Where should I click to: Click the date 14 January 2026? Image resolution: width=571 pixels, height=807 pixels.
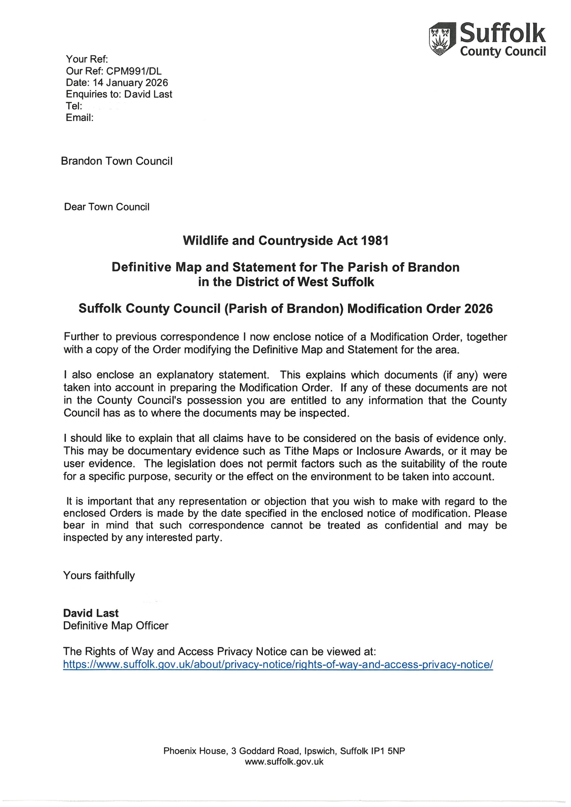pos(131,83)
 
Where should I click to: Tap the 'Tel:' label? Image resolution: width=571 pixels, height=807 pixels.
pos(74,106)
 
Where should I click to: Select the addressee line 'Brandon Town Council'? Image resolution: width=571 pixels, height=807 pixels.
pos(117,161)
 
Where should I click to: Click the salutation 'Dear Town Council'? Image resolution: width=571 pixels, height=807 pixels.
pos(106,207)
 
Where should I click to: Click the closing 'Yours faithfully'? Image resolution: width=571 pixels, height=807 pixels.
pos(99,575)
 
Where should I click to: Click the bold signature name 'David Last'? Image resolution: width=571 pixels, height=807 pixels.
pos(91,613)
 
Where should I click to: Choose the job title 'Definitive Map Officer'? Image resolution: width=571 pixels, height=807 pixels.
pos(116,625)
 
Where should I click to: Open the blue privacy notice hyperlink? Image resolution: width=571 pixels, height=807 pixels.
pos(278,664)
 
